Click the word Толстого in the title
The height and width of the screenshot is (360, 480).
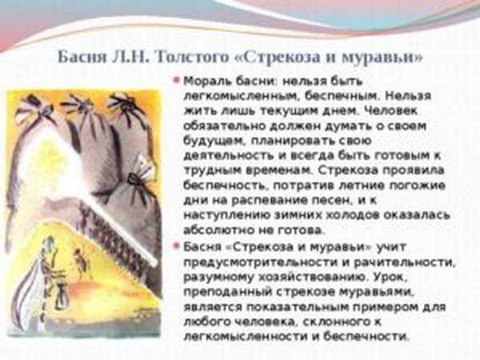192,58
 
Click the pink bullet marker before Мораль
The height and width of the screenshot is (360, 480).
176,81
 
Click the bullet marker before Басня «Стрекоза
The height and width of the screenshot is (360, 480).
176,246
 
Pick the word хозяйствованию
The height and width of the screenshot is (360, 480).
313,278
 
